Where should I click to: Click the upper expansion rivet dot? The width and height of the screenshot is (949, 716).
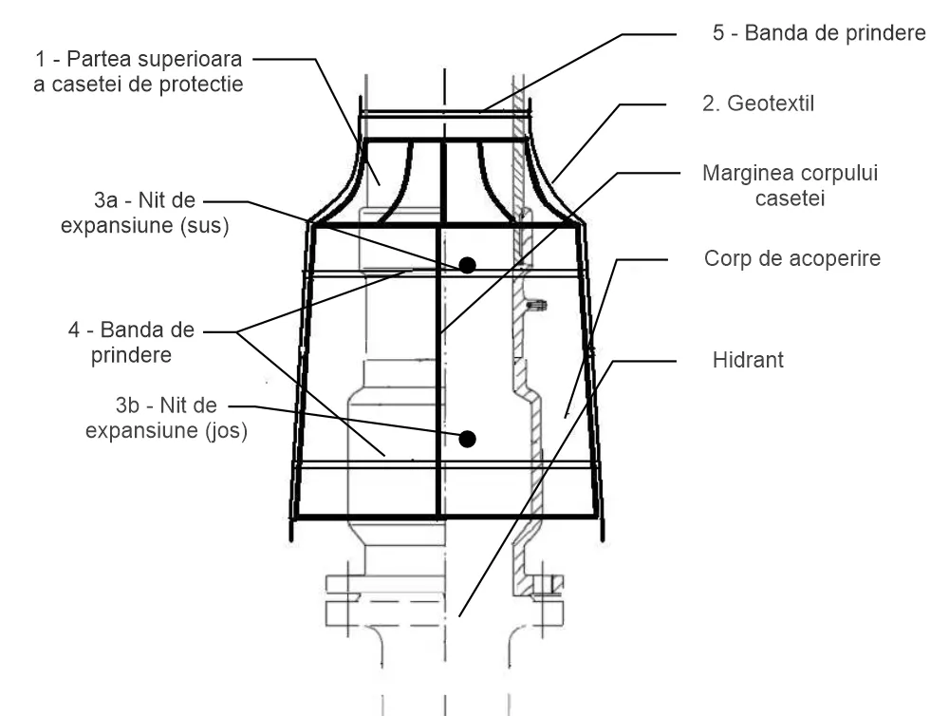tap(467, 265)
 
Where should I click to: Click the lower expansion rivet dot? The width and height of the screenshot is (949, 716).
tap(467, 438)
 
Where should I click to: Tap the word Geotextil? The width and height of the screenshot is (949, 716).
tap(772, 103)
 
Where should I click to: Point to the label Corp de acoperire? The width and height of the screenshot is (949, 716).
tap(792, 257)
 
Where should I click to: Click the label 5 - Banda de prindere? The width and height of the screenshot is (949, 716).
tap(818, 34)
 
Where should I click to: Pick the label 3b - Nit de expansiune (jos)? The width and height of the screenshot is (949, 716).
tap(167, 419)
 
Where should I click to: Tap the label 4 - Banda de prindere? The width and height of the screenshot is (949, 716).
tap(134, 343)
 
